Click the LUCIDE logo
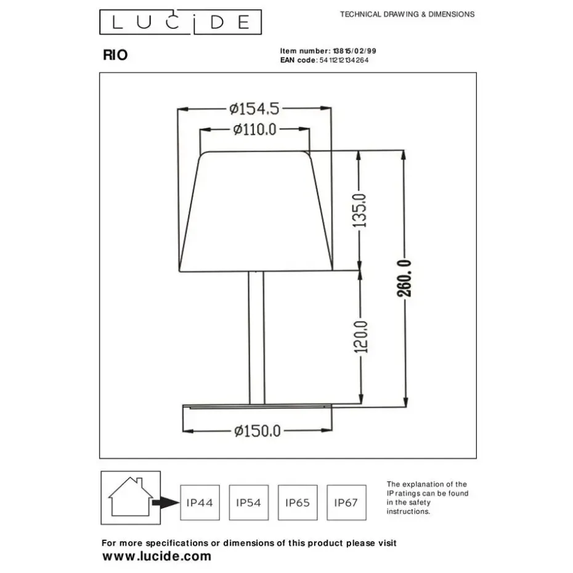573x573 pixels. click(x=181, y=23)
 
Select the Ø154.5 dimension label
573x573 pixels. click(x=254, y=109)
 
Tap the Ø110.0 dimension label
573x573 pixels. click(x=254, y=129)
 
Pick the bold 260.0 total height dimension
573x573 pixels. click(x=404, y=278)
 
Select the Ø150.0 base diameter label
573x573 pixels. click(x=257, y=431)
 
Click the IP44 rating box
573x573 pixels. click(x=199, y=503)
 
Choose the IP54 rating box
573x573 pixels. click(x=248, y=503)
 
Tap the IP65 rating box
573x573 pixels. click(x=298, y=503)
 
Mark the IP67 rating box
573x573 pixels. click(x=346, y=503)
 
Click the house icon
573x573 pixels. click(x=131, y=497)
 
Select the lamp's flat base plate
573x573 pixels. click(x=256, y=406)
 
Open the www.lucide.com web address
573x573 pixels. click(x=156, y=556)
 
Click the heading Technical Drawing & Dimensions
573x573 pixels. click(x=407, y=14)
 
